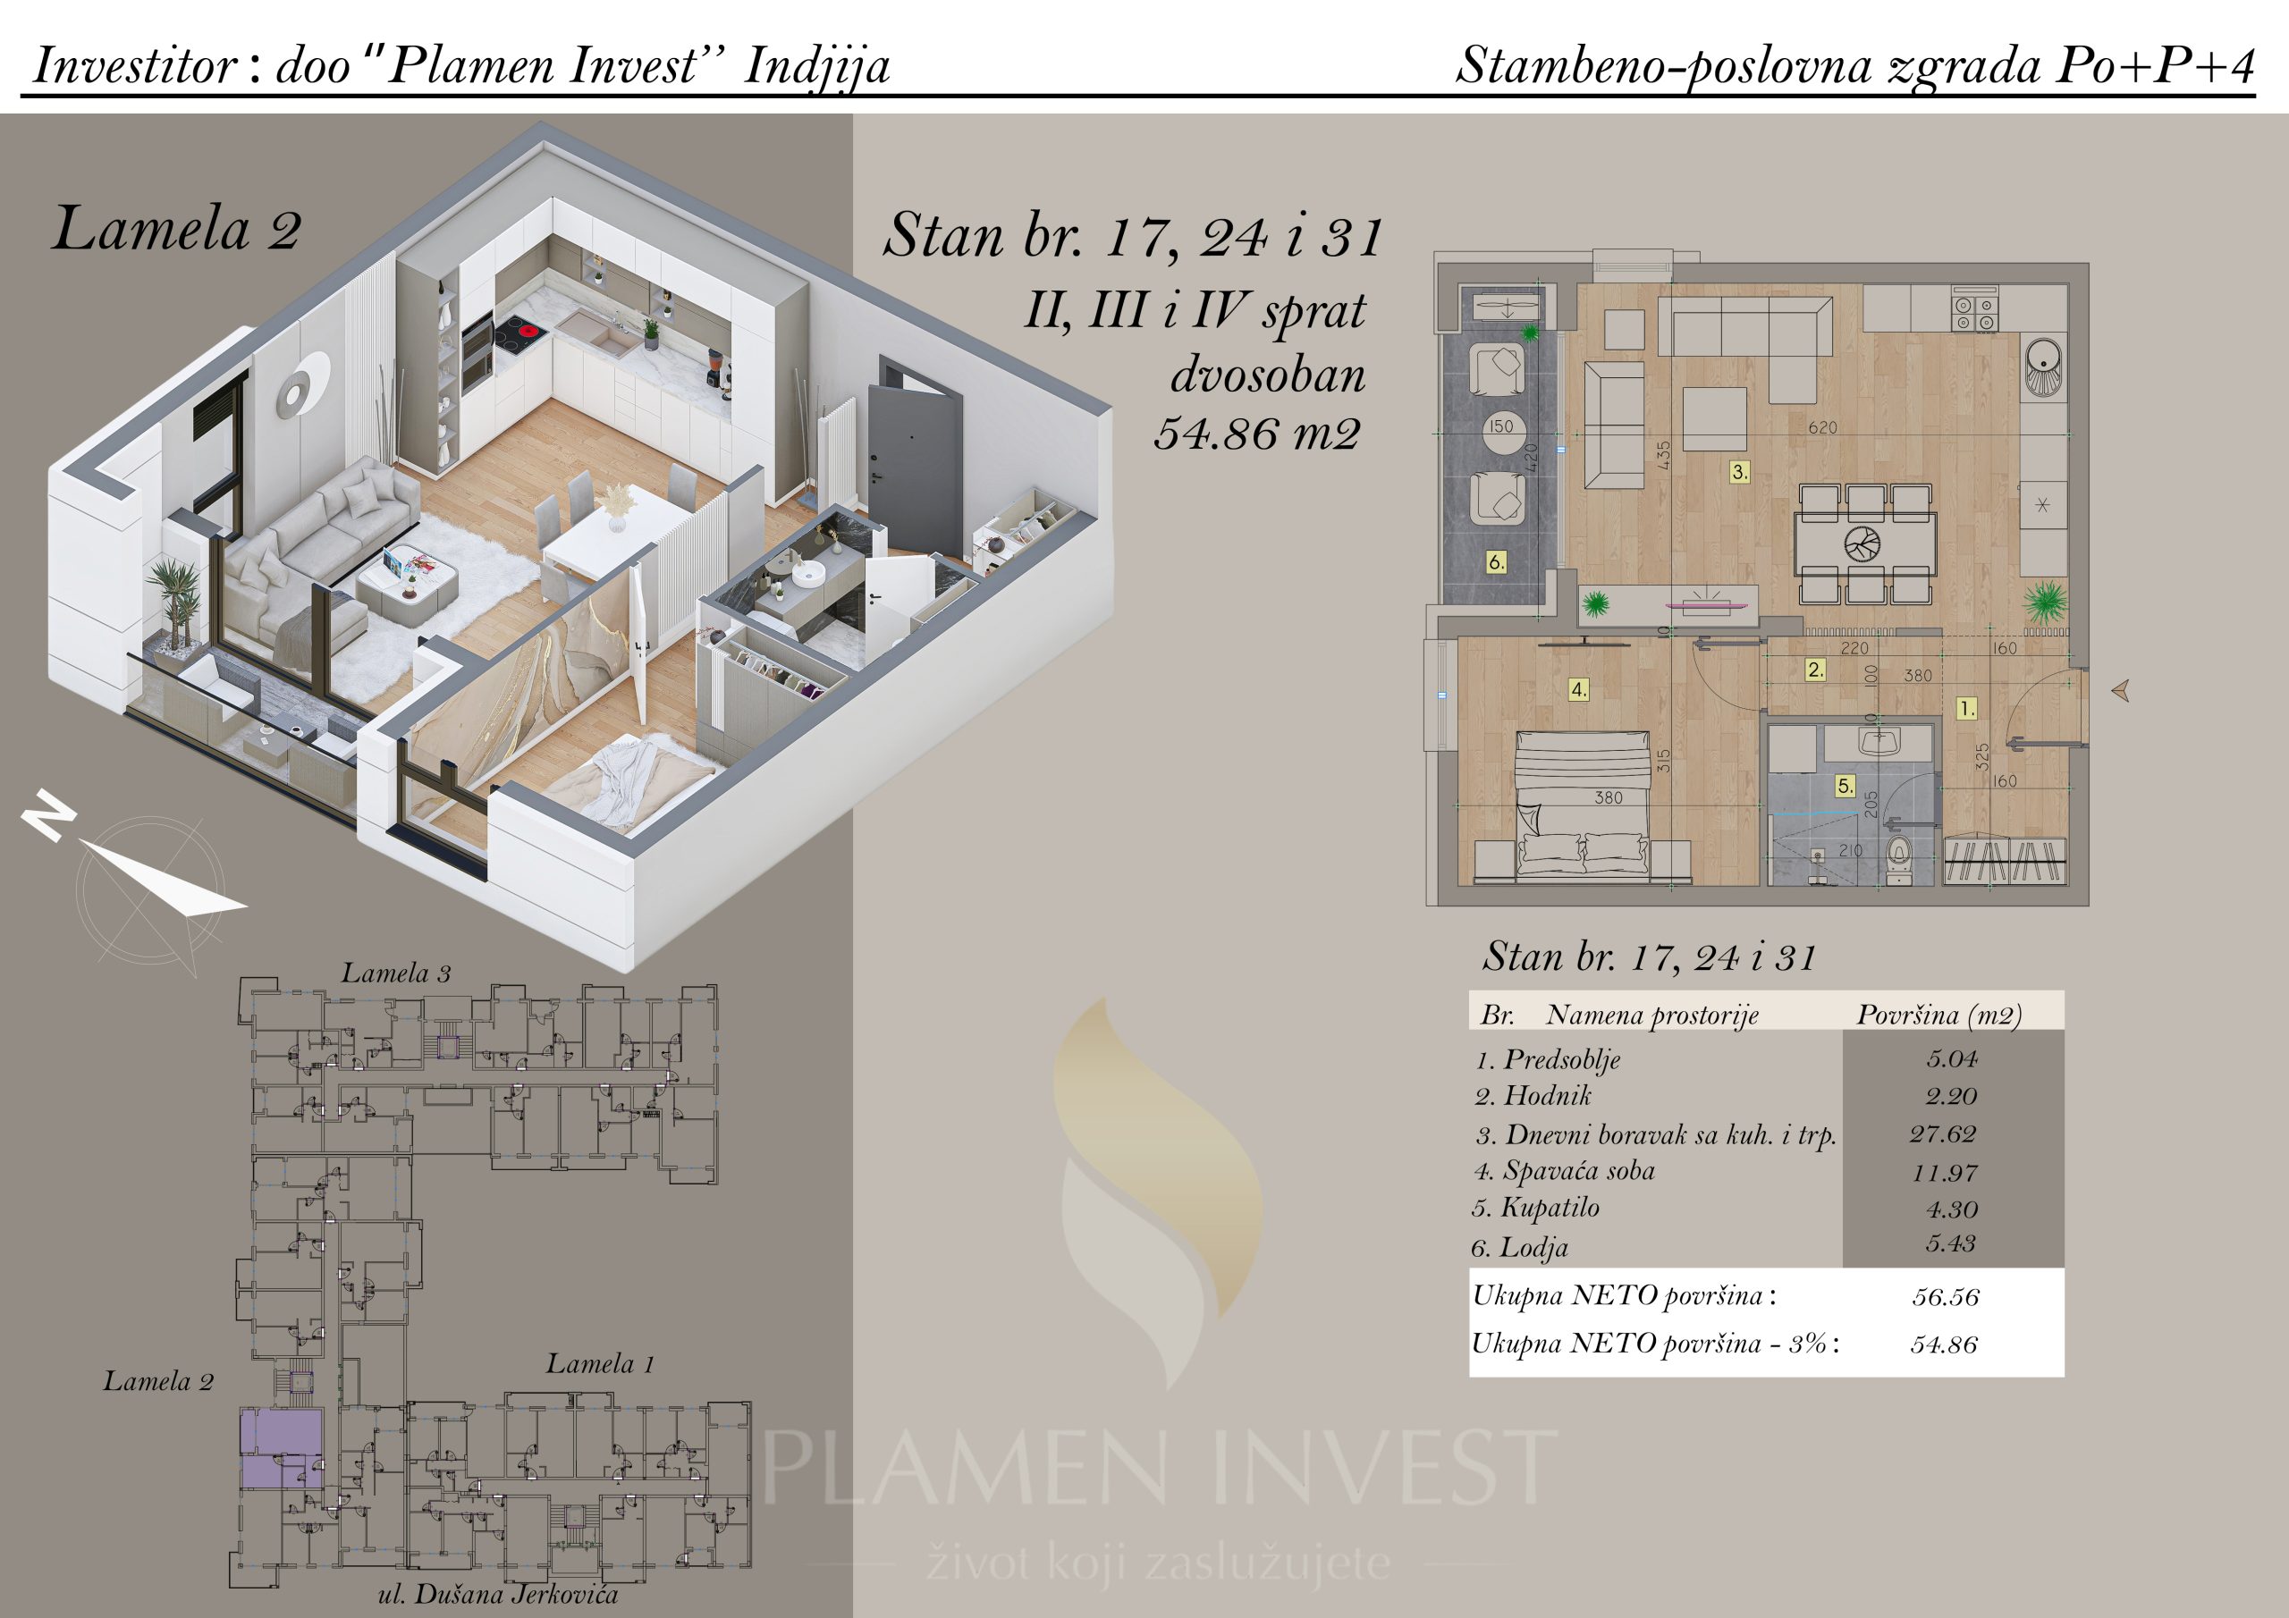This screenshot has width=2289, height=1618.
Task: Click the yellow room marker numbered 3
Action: (x=1740, y=471)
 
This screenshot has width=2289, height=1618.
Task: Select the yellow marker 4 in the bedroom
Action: (x=1578, y=689)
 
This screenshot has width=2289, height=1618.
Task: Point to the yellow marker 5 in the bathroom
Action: (x=1846, y=786)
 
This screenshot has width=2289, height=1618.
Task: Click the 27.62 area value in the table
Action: (x=1943, y=1133)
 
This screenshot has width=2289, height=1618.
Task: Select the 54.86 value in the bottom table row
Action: (x=1944, y=1344)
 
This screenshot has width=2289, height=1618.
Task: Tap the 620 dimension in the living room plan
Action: (x=1822, y=427)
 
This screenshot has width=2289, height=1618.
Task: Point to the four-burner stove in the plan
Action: (x=1974, y=313)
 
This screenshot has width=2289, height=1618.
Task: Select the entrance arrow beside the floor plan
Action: (x=2122, y=690)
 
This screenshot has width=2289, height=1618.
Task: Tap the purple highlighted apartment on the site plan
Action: (x=281, y=1450)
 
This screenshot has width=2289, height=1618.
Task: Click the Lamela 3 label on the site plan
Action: (x=396, y=973)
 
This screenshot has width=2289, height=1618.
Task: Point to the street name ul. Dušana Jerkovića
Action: (x=497, y=1594)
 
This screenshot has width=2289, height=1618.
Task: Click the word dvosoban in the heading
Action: (x=1268, y=375)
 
